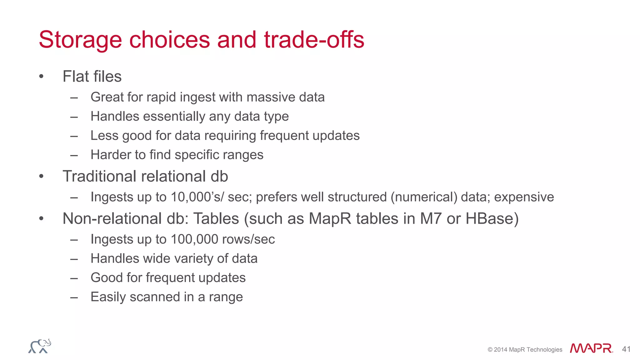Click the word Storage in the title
(80, 40)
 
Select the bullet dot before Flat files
(41, 77)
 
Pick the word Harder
(110, 155)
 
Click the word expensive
(524, 197)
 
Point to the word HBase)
(492, 218)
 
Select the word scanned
(155, 297)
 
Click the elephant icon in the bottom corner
(40, 346)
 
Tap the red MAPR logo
(591, 348)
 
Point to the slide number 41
(626, 349)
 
